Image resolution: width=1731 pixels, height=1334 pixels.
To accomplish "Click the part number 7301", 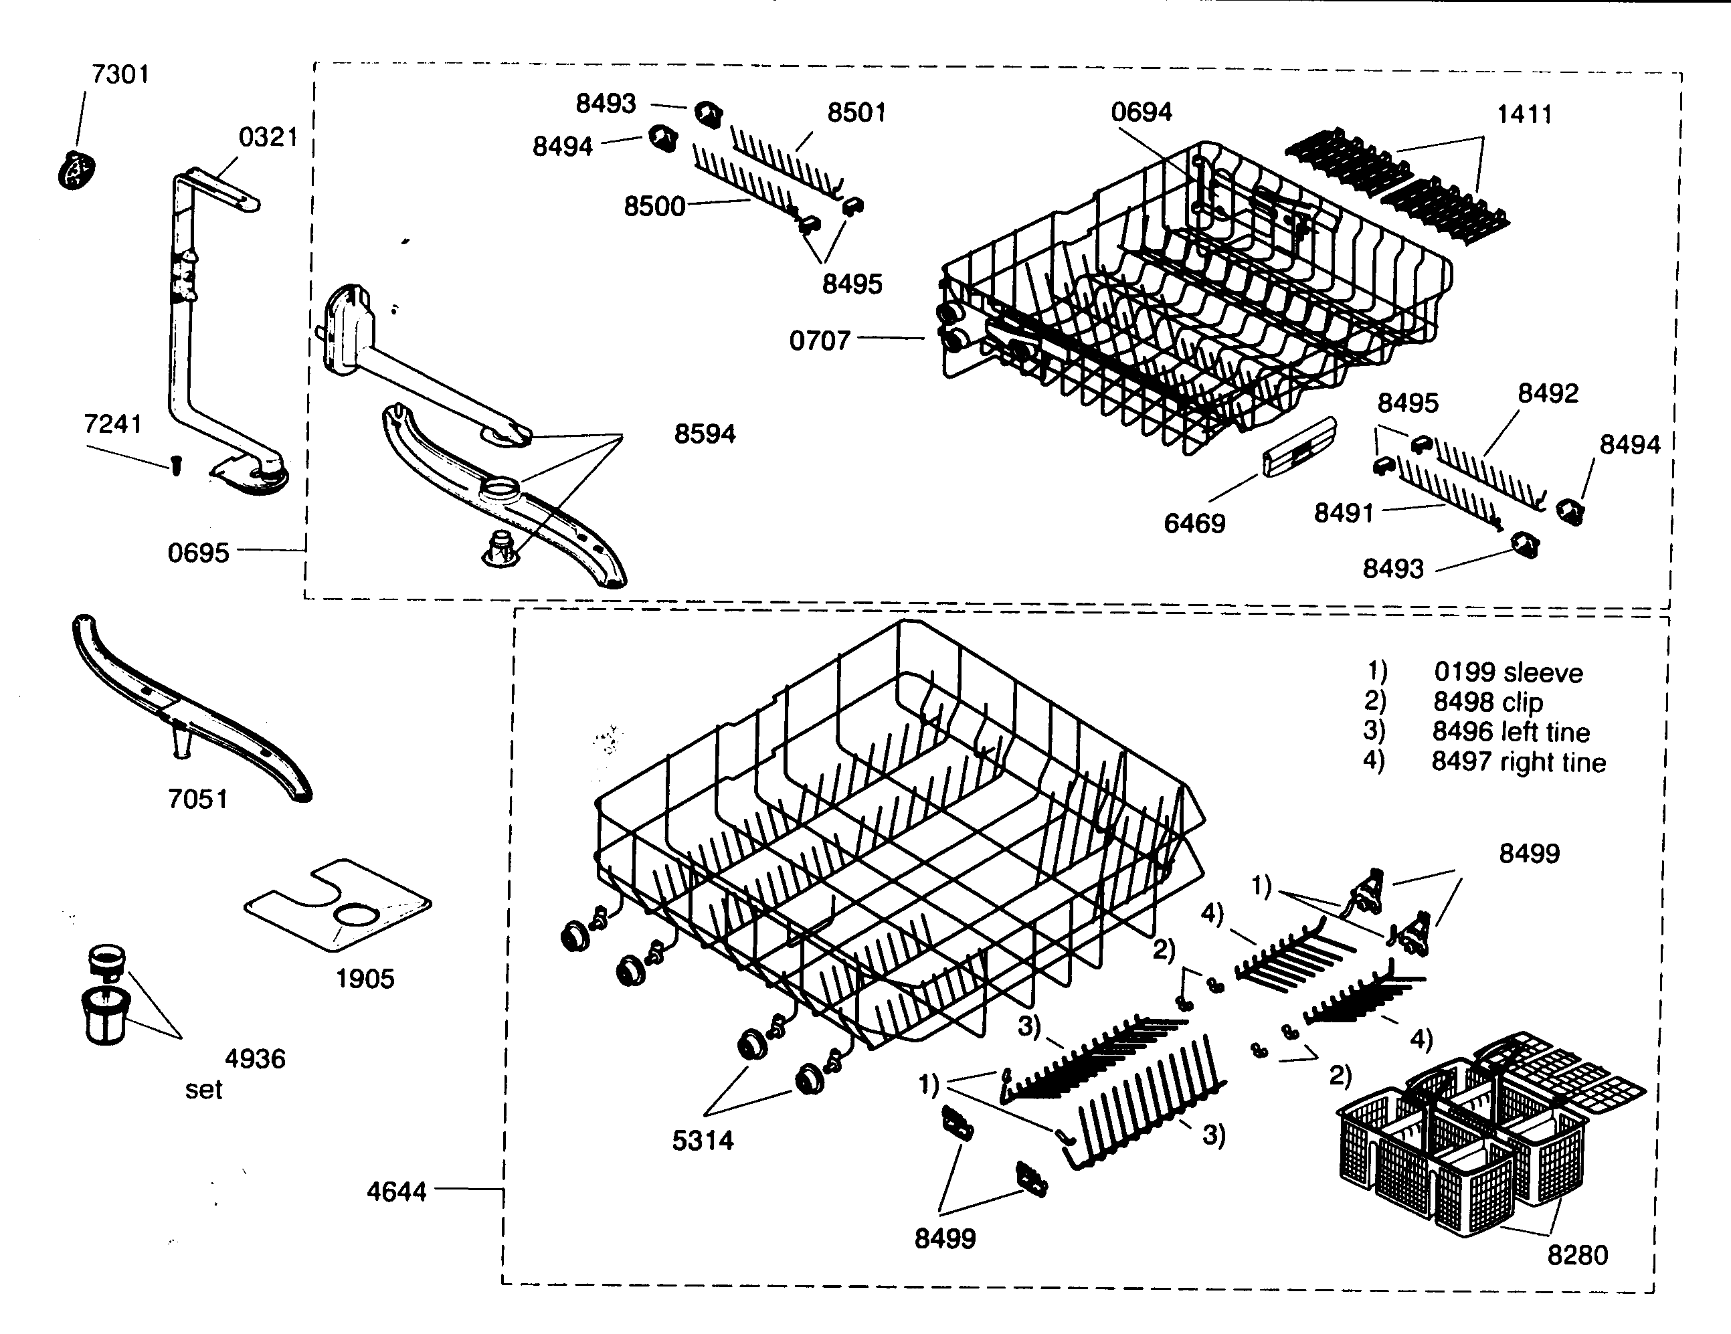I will (120, 74).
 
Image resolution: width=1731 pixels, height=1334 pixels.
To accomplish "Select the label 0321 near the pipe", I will (268, 137).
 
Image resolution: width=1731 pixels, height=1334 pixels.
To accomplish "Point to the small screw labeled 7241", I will (176, 467).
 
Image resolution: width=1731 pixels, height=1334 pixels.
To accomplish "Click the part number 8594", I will (704, 434).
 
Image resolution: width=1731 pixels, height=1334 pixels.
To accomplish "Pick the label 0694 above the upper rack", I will (1141, 112).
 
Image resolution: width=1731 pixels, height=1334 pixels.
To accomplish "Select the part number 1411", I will (1524, 114).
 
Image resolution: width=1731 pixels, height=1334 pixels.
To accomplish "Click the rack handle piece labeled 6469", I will (1298, 450).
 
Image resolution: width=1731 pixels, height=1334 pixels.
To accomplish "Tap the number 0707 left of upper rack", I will (819, 341).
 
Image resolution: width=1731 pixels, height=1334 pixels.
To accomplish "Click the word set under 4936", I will (203, 1090).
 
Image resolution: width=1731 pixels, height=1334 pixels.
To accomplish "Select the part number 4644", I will (396, 1192).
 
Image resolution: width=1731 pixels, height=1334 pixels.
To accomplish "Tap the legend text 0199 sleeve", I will (1508, 673).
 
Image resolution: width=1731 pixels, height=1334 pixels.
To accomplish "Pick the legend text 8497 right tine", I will (1518, 762).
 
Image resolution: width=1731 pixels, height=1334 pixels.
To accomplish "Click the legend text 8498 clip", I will (1487, 702).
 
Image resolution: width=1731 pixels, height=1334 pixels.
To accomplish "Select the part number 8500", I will (654, 206).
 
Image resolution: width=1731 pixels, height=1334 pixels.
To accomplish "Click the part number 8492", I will (1547, 393).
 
